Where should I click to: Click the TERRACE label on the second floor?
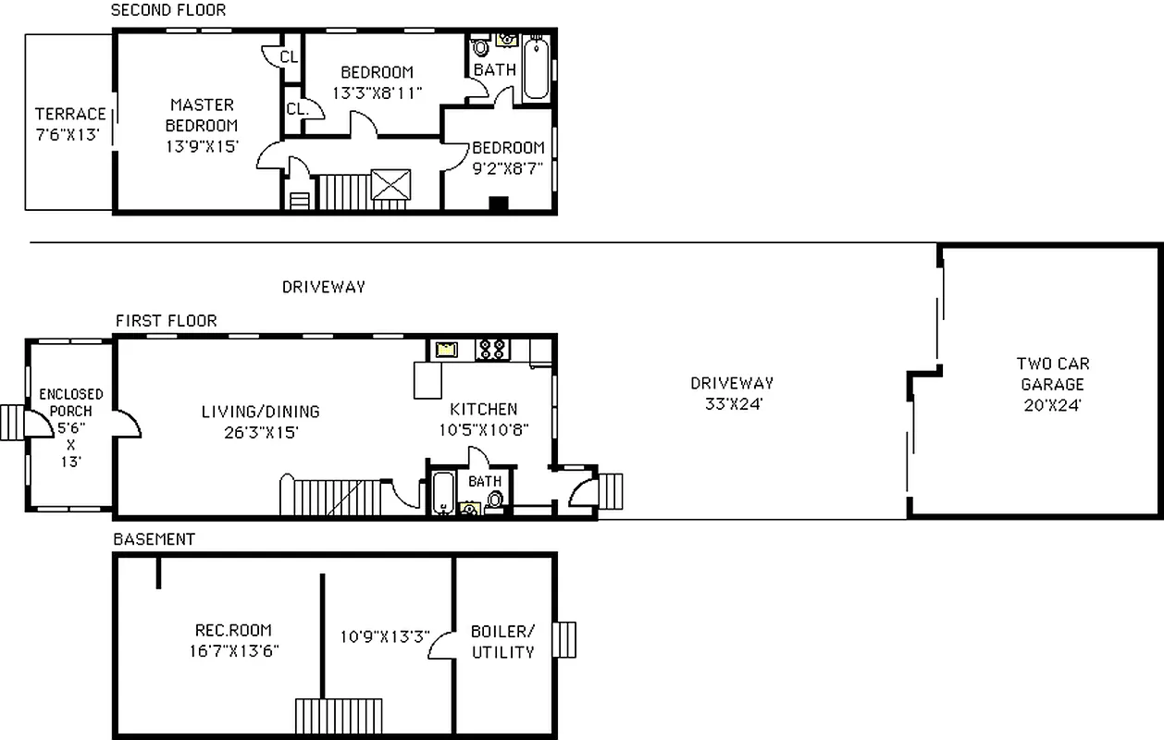point(70,114)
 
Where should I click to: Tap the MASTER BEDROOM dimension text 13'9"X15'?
point(202,145)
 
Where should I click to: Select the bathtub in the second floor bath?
point(536,68)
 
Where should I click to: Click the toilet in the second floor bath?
point(480,48)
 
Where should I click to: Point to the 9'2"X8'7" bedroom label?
point(508,148)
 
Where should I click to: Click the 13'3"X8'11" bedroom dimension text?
point(377,92)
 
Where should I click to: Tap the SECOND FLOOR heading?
point(167,10)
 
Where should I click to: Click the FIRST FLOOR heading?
point(167,320)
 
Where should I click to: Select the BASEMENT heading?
point(154,538)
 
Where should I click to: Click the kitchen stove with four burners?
point(490,349)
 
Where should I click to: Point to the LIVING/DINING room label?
point(260,412)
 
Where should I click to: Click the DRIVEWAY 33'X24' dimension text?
point(731,403)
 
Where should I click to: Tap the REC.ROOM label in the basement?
point(232,630)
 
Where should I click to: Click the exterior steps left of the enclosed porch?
point(13,422)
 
